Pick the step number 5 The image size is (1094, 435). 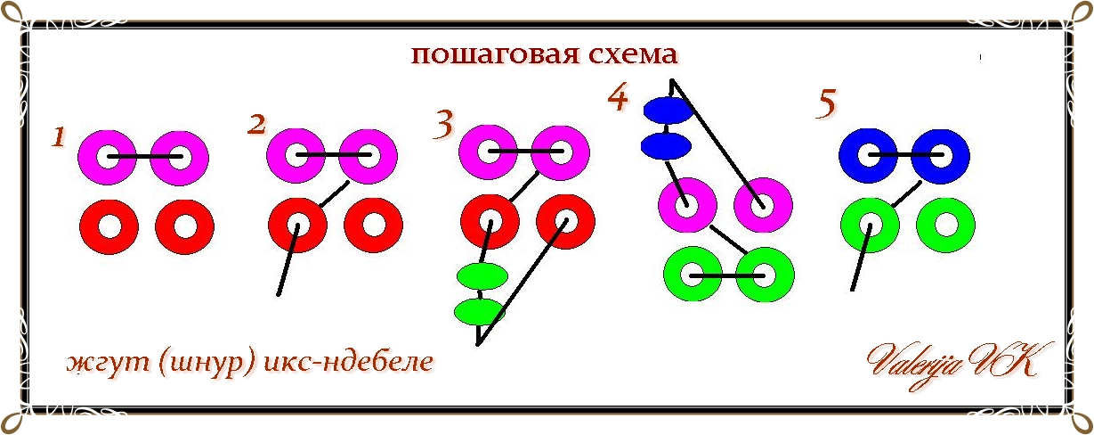[x=826, y=104]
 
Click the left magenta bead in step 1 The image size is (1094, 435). [x=107, y=157]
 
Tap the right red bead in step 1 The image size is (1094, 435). [x=184, y=226]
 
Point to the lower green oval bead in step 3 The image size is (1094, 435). [x=479, y=311]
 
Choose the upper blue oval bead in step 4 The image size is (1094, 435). [x=668, y=111]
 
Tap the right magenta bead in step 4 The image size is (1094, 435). [x=763, y=205]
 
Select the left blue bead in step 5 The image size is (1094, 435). [x=868, y=157]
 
